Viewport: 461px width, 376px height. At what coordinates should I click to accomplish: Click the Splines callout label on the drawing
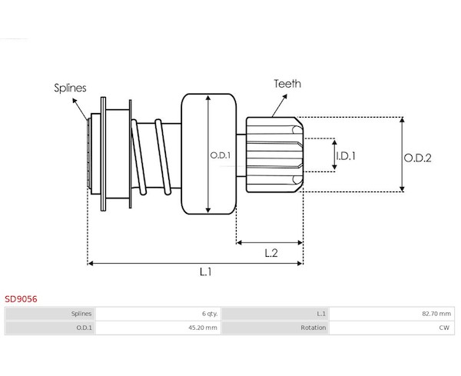(x=70, y=88)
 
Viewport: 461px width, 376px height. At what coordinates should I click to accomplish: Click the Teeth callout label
(x=287, y=84)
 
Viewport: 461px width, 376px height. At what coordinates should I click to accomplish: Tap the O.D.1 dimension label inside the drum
(x=221, y=155)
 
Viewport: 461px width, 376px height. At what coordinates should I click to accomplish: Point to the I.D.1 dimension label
(x=346, y=156)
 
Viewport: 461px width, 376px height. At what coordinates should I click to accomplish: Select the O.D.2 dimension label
(x=417, y=158)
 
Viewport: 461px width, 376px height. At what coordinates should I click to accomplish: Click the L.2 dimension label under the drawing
(x=271, y=253)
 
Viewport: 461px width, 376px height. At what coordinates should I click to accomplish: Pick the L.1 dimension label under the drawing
(x=206, y=272)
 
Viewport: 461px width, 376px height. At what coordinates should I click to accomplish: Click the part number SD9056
(x=21, y=299)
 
